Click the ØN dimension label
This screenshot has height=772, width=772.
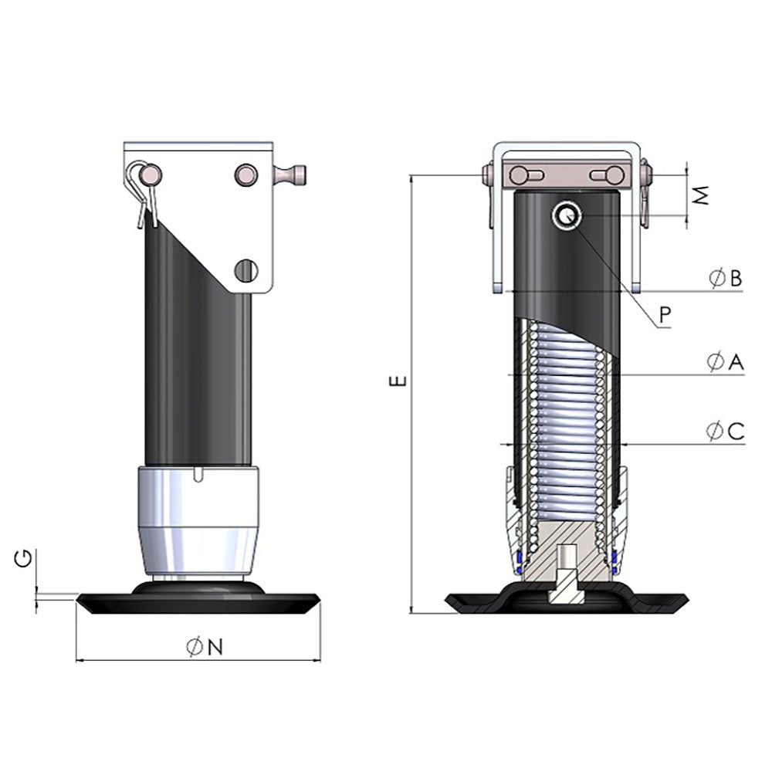205,648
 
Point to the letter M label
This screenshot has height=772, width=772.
700,196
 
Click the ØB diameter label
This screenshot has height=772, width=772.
725,278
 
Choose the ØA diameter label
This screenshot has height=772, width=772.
725,361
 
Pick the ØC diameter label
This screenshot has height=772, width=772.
725,432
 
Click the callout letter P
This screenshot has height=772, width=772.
665,313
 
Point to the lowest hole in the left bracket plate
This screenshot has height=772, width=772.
245,269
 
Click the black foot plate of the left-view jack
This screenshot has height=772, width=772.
198,603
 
